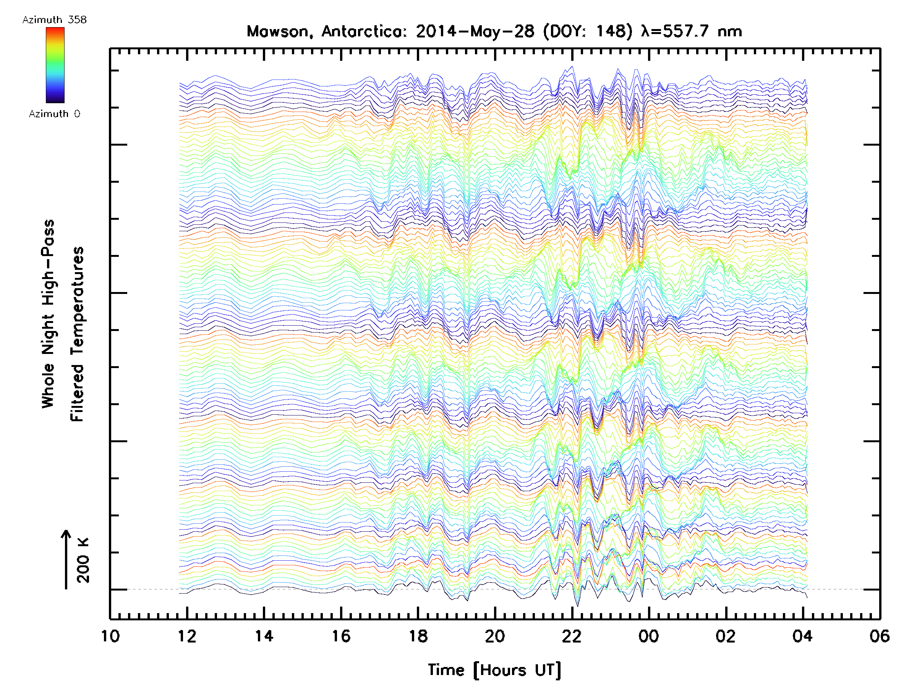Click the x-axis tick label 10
110,636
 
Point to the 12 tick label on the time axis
187,636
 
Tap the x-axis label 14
264,636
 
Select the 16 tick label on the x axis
341,636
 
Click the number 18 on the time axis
418,636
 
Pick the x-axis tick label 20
495,636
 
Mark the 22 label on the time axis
572,636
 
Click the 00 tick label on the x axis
649,636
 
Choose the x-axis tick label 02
726,636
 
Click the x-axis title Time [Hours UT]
494,670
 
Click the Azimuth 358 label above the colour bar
54,20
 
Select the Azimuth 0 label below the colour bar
54,114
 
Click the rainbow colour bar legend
55,65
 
